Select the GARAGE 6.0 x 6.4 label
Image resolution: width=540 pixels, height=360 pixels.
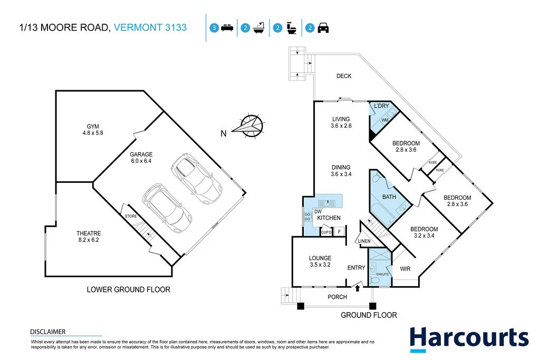[x=141, y=158]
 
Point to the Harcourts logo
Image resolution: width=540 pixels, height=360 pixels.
[x=469, y=338]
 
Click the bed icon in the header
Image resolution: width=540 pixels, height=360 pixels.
[x=227, y=28]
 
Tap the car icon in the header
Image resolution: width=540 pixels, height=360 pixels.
[x=323, y=28]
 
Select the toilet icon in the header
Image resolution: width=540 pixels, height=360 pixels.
[x=291, y=28]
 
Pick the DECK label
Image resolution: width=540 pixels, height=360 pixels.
[x=344, y=76]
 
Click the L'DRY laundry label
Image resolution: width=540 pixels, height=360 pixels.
[x=381, y=106]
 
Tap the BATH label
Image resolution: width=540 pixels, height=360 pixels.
[x=389, y=197]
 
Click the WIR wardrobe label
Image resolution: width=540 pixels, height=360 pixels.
[x=404, y=269]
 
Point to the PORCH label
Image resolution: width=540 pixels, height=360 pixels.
[x=337, y=297]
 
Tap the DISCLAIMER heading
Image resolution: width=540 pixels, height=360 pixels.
[x=48, y=332]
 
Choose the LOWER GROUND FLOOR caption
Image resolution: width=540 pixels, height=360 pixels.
[x=128, y=290]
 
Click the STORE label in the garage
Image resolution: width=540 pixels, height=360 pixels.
[x=130, y=217]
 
